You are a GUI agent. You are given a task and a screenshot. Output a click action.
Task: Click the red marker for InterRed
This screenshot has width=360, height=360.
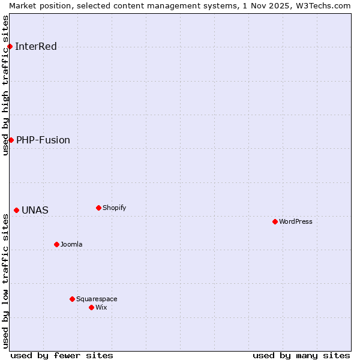pos(10,47)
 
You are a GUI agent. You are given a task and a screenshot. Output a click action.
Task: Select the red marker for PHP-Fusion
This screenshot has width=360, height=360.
pos(11,140)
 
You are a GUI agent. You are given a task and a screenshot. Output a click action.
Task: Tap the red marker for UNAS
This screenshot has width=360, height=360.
pos(16,211)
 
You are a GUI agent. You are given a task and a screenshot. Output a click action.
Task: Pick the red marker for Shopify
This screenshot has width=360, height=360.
pos(98,208)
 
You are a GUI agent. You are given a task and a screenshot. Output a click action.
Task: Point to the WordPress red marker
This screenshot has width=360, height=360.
pos(275,222)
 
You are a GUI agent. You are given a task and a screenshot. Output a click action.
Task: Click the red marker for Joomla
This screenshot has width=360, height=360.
pos(56,245)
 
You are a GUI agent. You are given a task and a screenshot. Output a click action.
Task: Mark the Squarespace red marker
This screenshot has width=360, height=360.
pos(72,299)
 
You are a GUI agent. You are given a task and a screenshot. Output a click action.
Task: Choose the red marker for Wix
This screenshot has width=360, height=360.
pos(91,308)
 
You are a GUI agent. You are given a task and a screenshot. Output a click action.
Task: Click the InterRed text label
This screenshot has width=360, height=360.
pos(36,47)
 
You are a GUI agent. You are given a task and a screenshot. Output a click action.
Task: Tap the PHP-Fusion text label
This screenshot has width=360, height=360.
pos(43,140)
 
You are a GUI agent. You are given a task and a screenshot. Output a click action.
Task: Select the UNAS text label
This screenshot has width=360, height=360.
pos(35,211)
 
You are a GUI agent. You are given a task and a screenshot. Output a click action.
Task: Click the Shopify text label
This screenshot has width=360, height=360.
pos(115,208)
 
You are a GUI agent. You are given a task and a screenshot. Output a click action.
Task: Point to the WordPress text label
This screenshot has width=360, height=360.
pos(296,222)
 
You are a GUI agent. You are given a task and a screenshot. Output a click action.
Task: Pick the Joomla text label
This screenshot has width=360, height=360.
pos(71,245)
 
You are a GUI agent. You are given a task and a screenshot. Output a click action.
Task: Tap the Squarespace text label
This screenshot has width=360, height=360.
pos(97,299)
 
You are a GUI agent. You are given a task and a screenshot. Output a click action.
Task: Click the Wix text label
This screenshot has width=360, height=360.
pos(101,308)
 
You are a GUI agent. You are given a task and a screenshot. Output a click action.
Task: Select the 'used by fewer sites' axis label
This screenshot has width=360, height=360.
pos(62,356)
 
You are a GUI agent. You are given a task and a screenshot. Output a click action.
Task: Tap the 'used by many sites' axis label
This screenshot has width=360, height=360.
pos(301,356)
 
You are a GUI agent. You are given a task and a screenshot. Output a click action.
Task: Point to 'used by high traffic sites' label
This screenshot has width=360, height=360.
pos(5,85)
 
